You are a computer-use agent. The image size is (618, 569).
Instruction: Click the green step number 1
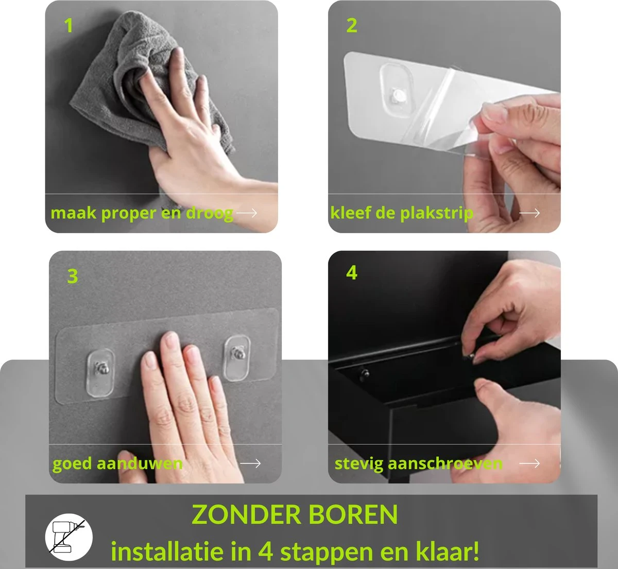(x=68, y=25)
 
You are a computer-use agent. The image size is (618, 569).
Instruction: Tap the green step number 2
(x=352, y=25)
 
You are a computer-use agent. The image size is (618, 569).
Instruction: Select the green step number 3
(x=73, y=277)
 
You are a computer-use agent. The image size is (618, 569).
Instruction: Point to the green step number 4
(x=352, y=272)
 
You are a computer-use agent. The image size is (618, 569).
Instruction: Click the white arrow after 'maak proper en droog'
(x=247, y=213)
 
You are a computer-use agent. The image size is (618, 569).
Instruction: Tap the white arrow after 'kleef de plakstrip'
(x=529, y=213)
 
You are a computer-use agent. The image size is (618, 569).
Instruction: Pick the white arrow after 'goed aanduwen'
(x=250, y=463)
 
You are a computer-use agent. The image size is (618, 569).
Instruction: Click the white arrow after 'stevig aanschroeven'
(x=529, y=463)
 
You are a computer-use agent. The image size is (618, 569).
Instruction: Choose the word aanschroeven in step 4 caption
(x=445, y=463)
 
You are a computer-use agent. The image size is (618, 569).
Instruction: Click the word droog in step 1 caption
(x=209, y=213)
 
